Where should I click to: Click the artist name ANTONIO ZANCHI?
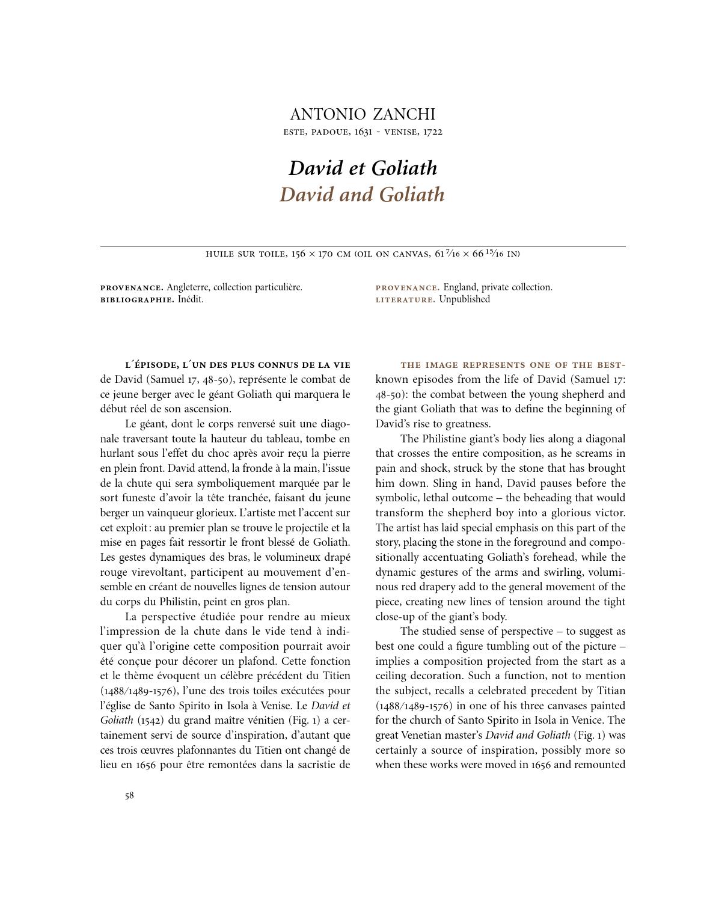tap(363, 114)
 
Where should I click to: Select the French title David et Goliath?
tap(363, 168)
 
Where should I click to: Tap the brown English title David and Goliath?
tap(362, 194)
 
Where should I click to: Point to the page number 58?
tap(129, 796)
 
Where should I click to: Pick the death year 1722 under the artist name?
tap(432, 132)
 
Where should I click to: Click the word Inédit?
tap(191, 299)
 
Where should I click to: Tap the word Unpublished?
tap(464, 299)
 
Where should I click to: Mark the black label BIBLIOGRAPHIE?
tap(137, 299)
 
